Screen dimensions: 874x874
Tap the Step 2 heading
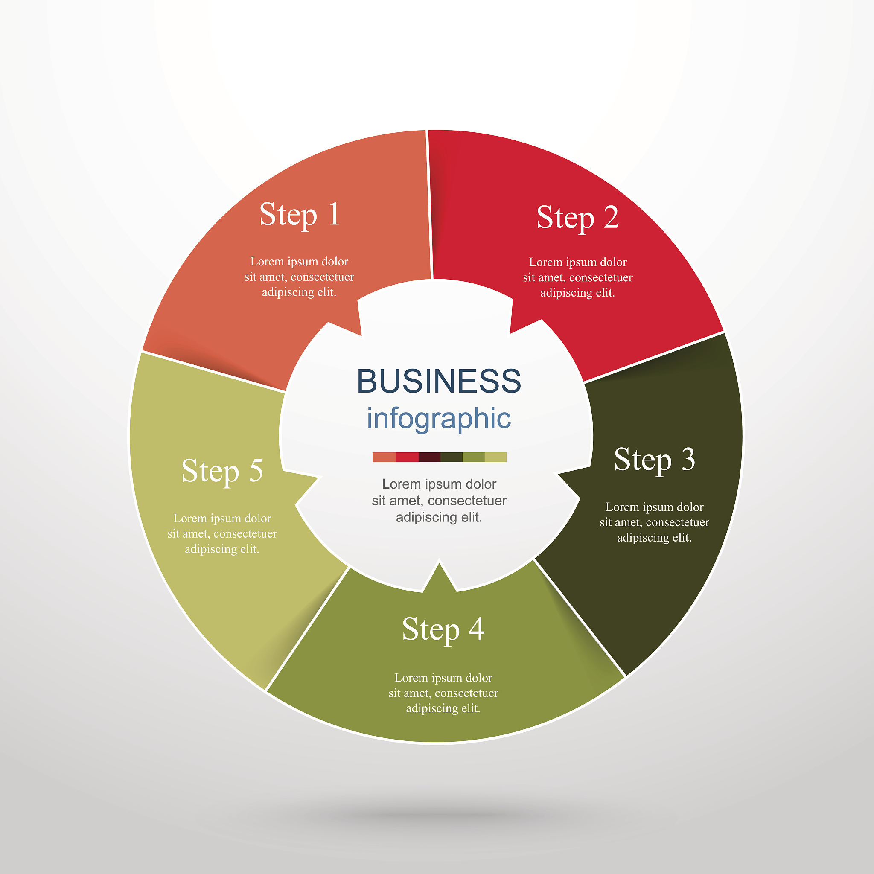(x=577, y=218)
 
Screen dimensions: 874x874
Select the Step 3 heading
(x=654, y=460)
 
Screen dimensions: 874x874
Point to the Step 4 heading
(x=443, y=629)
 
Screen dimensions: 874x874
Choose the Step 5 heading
(x=222, y=471)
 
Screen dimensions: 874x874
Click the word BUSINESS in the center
(x=439, y=381)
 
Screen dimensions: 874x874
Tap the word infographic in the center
(x=439, y=418)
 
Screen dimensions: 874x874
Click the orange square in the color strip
(x=384, y=457)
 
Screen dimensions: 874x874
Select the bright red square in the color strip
(x=407, y=457)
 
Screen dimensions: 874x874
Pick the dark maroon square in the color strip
(x=429, y=457)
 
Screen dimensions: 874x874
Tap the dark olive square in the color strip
(x=452, y=457)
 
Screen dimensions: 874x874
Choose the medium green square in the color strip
(x=474, y=457)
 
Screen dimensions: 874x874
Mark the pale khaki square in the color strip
(x=496, y=457)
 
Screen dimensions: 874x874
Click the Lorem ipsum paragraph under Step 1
(x=299, y=277)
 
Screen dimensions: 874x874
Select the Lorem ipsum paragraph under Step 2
(x=578, y=277)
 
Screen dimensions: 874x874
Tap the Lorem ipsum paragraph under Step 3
(x=654, y=522)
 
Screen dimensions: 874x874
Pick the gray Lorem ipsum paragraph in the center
(x=439, y=500)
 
